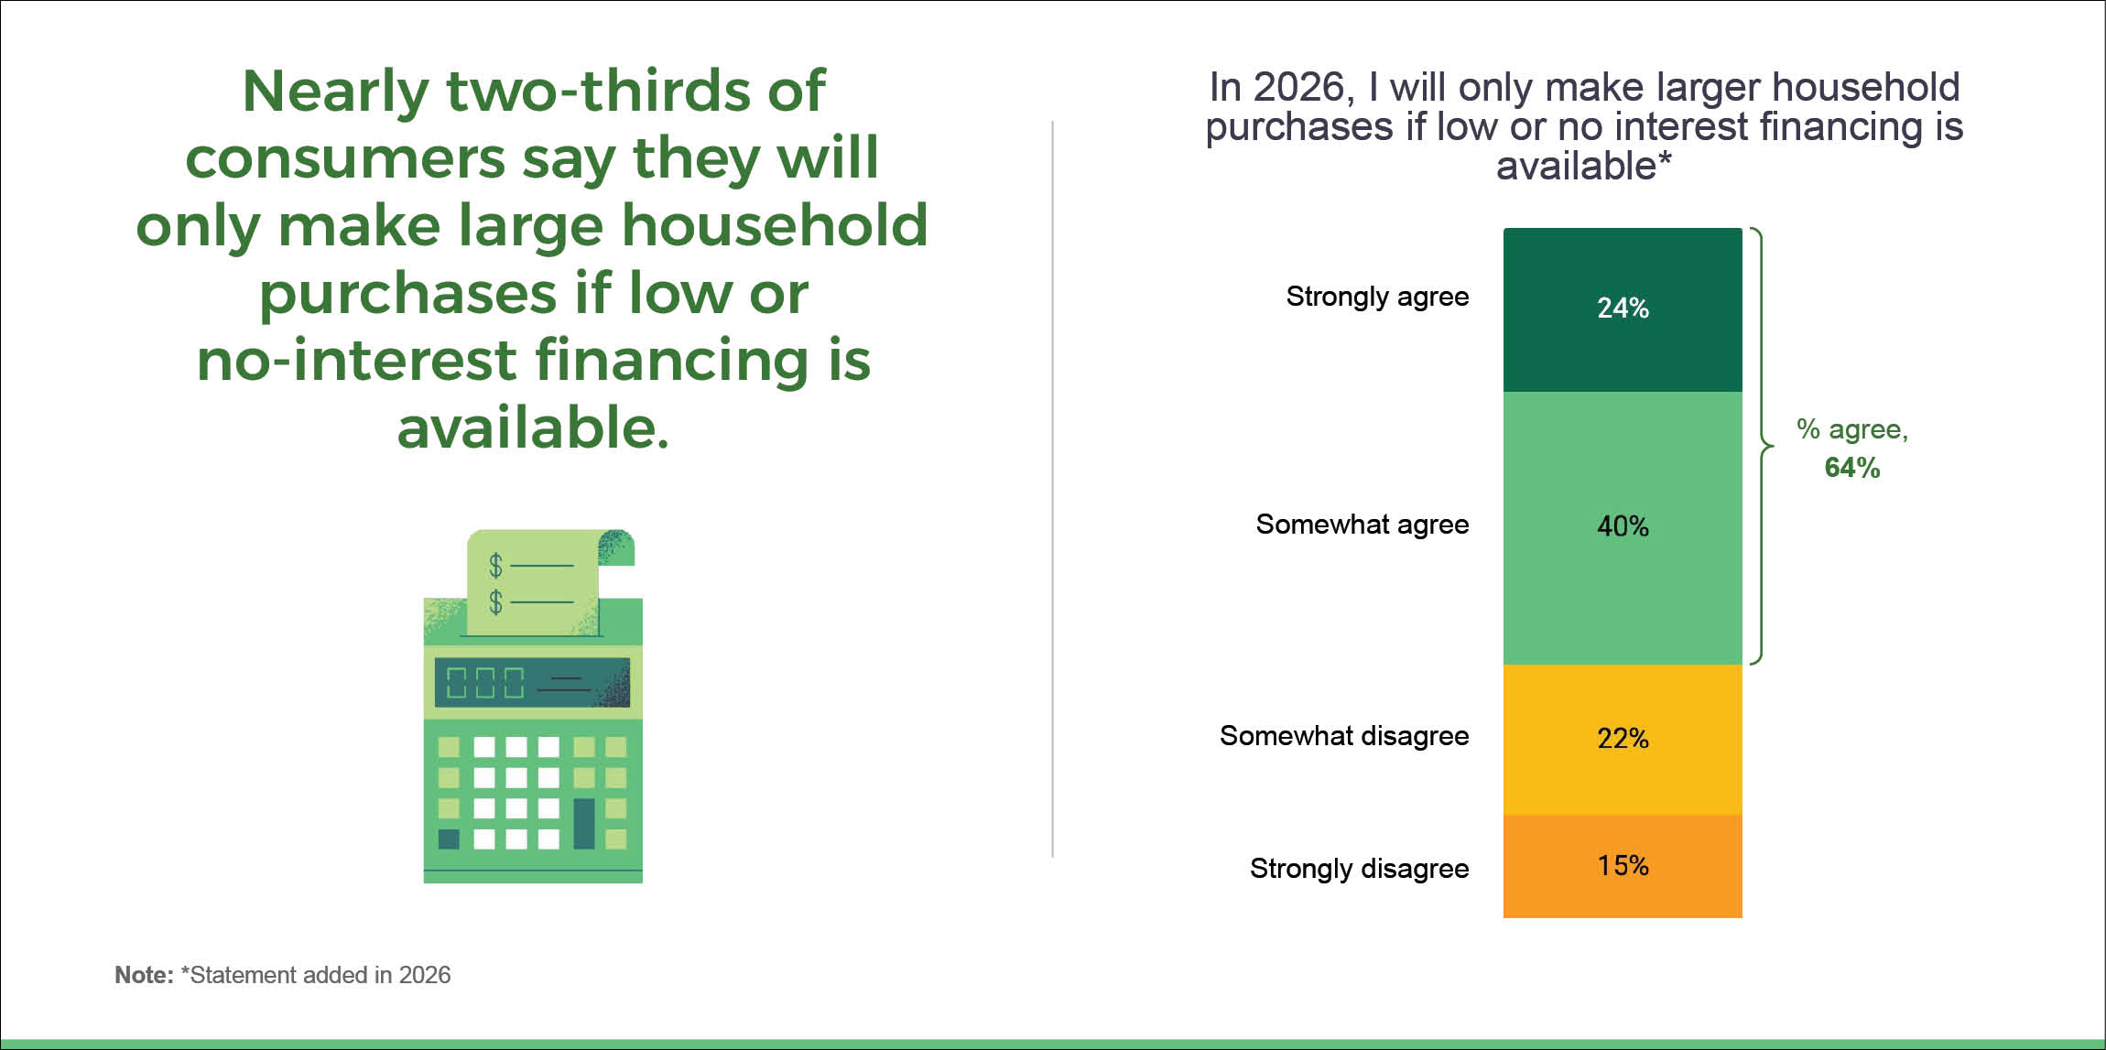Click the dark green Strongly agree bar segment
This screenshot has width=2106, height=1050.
point(1623,309)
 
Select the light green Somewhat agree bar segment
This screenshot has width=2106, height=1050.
point(1623,528)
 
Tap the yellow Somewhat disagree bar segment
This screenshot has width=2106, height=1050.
point(1623,740)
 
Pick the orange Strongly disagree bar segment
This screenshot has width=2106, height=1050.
point(1623,866)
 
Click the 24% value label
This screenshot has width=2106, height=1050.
point(1623,308)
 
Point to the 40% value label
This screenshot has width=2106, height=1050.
point(1623,526)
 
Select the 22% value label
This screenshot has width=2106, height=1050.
point(1623,738)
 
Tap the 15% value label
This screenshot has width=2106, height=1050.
point(1623,865)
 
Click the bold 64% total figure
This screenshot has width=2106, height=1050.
point(1852,468)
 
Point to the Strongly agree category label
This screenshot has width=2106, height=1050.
point(1377,298)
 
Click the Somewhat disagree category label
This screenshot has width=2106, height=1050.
point(1344,737)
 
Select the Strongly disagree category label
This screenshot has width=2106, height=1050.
point(1360,869)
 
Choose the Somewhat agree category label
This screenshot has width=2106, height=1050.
point(1362,525)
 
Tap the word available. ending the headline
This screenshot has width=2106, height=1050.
point(533,428)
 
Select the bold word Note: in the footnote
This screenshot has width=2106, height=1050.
point(144,975)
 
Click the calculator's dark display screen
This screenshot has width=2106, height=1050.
point(532,682)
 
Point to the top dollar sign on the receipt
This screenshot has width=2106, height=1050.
point(495,566)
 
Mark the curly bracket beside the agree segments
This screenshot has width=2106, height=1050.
point(1762,446)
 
